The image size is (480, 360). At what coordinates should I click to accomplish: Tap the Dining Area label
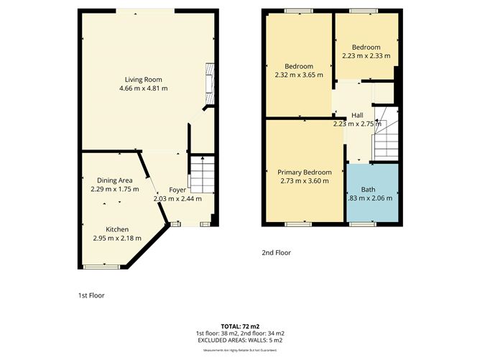tap(115, 180)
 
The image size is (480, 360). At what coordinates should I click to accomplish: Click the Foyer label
tap(177, 190)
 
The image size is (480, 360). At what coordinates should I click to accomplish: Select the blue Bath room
tap(371, 193)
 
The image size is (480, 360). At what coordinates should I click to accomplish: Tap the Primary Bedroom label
tap(305, 172)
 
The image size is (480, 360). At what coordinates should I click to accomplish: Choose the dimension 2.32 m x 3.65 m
tap(299, 74)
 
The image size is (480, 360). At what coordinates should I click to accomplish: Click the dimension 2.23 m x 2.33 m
tap(366, 55)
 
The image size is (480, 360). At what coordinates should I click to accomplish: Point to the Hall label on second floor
tap(357, 115)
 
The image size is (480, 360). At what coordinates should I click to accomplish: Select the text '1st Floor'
tap(91, 295)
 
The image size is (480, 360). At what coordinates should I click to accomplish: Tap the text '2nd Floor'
tap(277, 252)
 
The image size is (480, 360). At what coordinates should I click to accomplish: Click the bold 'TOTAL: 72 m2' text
tap(240, 326)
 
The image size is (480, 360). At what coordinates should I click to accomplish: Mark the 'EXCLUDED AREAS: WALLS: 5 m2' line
tap(240, 341)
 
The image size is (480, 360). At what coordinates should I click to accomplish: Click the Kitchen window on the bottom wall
tap(100, 267)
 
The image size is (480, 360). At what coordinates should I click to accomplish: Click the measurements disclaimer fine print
tap(240, 350)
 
